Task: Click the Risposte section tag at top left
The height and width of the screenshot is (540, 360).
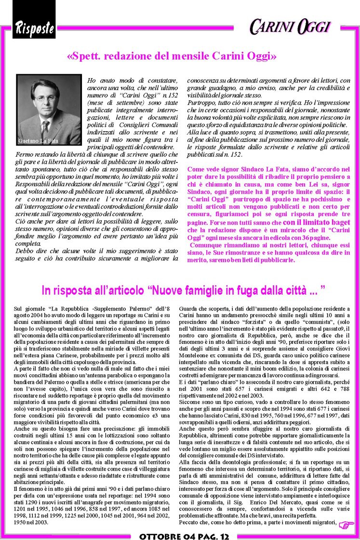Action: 34,28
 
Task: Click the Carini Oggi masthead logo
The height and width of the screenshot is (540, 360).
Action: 290,26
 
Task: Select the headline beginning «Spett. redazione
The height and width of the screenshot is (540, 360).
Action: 172,56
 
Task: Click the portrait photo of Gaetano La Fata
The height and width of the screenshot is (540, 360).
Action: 49,109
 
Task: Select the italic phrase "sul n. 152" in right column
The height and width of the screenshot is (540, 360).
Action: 226,154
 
